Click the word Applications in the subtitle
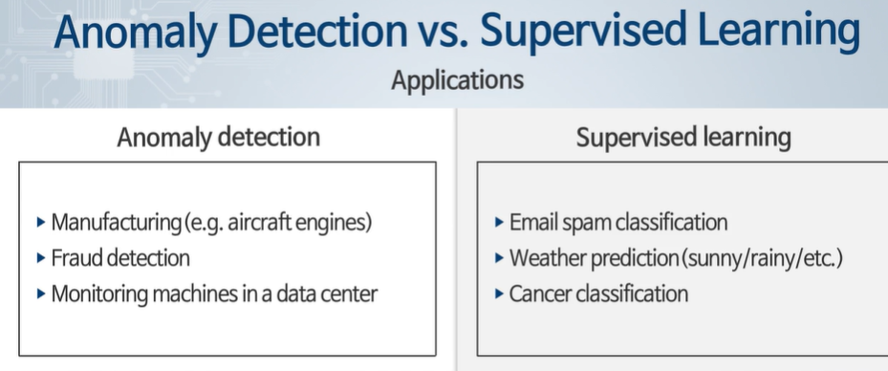pyautogui.click(x=457, y=80)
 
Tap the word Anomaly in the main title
pyautogui.click(x=135, y=33)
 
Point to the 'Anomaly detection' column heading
pyautogui.click(x=219, y=137)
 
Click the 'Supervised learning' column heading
pyautogui.click(x=683, y=137)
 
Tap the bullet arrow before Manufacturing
pyautogui.click(x=41, y=222)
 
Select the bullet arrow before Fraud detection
pyautogui.click(x=41, y=258)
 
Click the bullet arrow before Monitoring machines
pyautogui.click(x=41, y=294)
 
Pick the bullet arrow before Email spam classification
pyautogui.click(x=499, y=222)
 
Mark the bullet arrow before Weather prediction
pyautogui.click(x=499, y=258)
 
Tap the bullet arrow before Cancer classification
pyautogui.click(x=499, y=294)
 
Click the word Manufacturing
pyautogui.click(x=116, y=223)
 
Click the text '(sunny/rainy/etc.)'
pyautogui.click(x=762, y=258)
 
